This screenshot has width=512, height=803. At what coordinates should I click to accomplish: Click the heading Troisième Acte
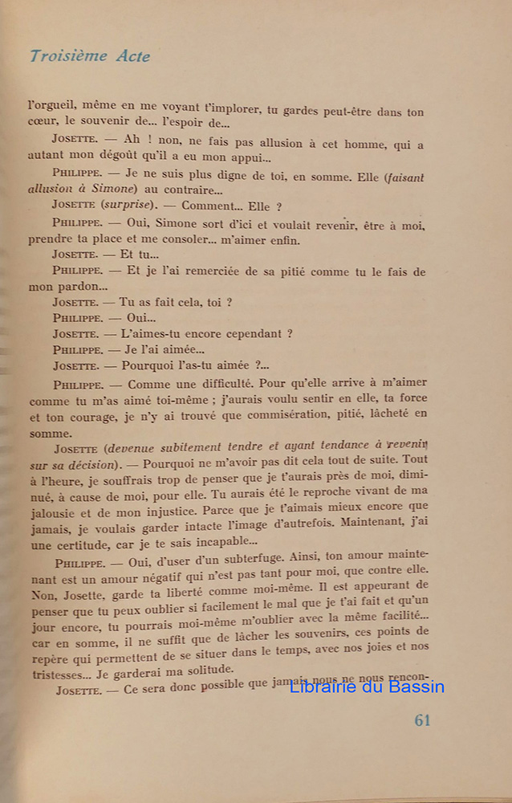pyautogui.click(x=89, y=56)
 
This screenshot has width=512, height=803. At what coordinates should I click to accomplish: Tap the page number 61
pyautogui.click(x=423, y=720)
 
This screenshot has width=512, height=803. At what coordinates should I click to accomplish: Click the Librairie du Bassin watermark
pyautogui.click(x=367, y=687)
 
